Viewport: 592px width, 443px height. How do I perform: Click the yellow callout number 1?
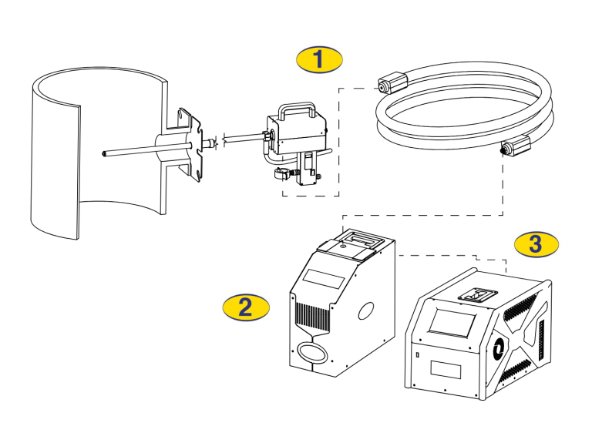[x=320, y=59]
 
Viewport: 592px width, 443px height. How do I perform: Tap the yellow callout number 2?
[x=246, y=307]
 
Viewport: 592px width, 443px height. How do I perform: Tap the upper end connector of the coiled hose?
[x=393, y=79]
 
